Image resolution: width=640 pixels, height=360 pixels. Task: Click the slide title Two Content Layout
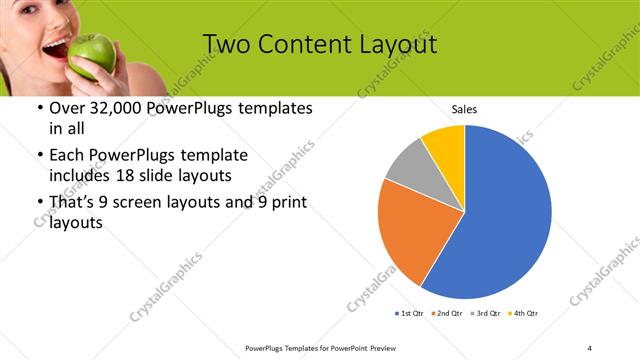click(x=319, y=45)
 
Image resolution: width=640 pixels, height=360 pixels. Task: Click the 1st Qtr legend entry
click(x=411, y=314)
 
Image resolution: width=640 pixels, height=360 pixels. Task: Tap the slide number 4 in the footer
click(x=591, y=347)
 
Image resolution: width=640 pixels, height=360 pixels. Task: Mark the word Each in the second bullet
click(x=67, y=155)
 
